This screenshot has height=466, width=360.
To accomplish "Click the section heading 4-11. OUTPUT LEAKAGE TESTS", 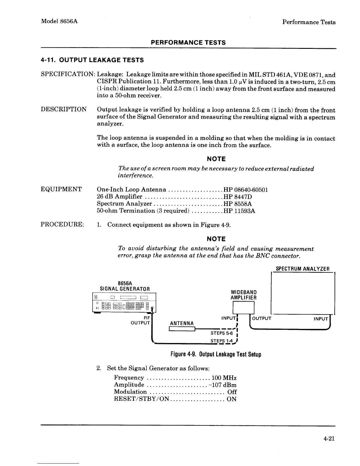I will (x=92, y=60).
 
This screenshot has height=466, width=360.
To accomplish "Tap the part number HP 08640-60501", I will (x=246, y=190).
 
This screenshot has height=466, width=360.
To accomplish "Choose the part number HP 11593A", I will (x=239, y=211).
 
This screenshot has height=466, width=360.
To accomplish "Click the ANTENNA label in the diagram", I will (x=182, y=324).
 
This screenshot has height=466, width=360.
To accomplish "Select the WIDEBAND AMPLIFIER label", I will (x=244, y=295).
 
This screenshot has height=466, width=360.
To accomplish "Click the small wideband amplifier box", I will (x=243, y=309).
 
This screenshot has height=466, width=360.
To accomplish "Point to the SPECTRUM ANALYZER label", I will (x=302, y=269).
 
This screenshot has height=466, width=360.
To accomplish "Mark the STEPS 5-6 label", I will (x=221, y=333).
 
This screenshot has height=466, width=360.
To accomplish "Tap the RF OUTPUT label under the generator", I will (x=141, y=320).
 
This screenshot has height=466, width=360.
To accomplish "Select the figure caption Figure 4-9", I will (x=216, y=354).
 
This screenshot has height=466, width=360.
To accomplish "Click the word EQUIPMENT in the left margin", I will (x=61, y=189).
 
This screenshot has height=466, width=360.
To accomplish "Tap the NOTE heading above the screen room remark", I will (x=216, y=159).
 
